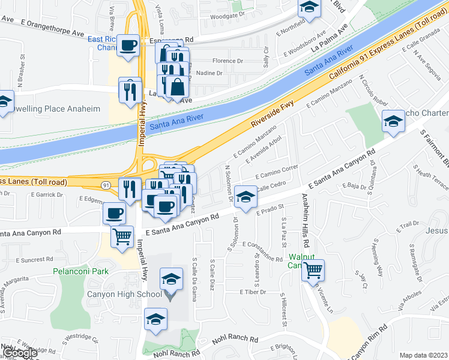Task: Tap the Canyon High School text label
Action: pyautogui.click(x=125, y=294)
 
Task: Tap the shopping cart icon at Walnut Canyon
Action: pyautogui.click(x=313, y=271)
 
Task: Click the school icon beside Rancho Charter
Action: pyautogui.click(x=394, y=122)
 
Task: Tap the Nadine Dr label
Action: pyautogui.click(x=209, y=73)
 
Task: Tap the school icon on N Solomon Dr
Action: pyautogui.click(x=245, y=197)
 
